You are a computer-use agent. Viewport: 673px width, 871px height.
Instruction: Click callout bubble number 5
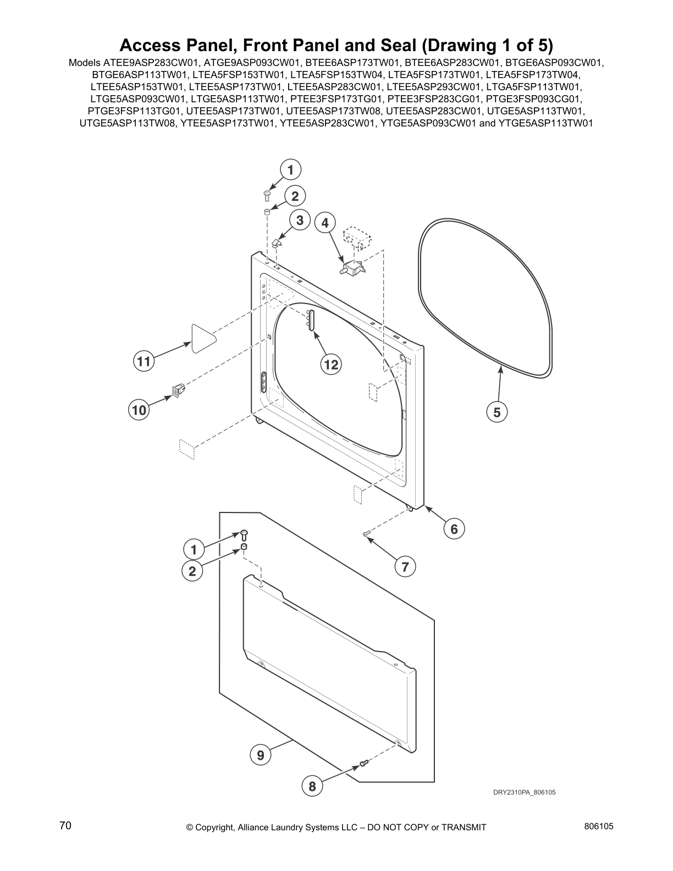497,412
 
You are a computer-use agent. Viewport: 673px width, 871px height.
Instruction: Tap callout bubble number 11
144,361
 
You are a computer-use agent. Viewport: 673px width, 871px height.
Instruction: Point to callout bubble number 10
139,410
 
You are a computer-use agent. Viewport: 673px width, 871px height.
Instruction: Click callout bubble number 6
454,529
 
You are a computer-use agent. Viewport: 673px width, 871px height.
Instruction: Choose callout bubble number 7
405,567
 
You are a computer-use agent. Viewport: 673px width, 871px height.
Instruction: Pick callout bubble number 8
312,786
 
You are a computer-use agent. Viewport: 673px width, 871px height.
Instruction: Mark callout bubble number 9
261,756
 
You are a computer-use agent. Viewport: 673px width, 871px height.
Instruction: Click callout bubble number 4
325,223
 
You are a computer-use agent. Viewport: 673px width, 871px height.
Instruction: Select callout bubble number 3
300,220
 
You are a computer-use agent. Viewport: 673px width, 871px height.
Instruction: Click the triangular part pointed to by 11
203,337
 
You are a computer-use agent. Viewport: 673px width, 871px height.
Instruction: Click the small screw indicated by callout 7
366,533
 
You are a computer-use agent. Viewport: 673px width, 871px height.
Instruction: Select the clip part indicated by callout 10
178,390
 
